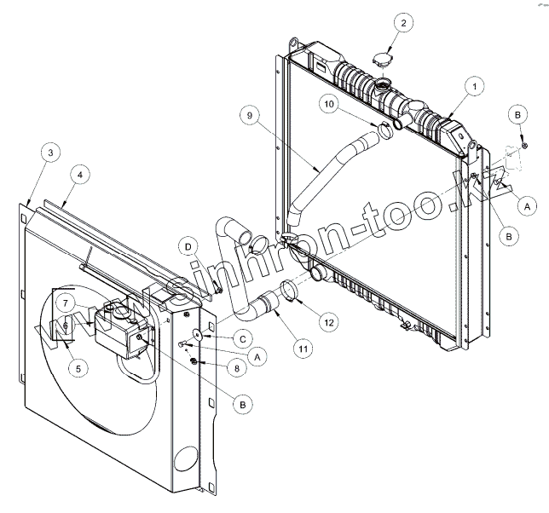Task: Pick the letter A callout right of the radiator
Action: pos(526,205)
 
